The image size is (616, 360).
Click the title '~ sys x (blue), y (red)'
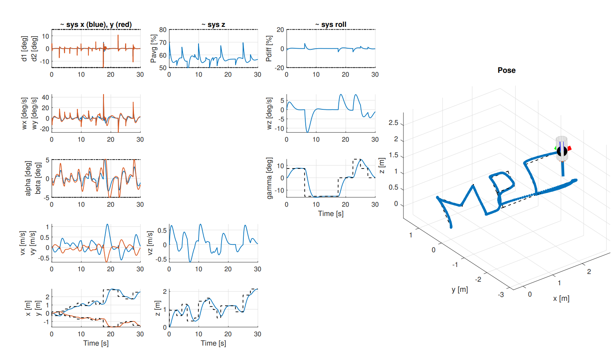[96, 25]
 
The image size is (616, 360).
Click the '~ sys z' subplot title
[213, 25]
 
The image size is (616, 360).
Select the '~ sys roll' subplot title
[331, 25]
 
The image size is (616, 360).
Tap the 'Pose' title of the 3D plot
[507, 70]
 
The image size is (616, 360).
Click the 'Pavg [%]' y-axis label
[154, 49]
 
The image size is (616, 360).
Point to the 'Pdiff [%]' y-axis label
[269, 48]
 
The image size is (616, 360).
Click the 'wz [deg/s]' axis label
[269, 113]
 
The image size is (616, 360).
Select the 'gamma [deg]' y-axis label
[269, 178]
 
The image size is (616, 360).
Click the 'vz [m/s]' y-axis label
[150, 243]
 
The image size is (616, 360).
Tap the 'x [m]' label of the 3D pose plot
[561, 298]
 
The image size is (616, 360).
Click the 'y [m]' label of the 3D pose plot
[460, 290]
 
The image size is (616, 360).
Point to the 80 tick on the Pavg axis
[163, 30]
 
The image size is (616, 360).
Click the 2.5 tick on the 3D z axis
[393, 123]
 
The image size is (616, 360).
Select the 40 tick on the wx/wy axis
[46, 97]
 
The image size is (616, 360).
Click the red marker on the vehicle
[569, 148]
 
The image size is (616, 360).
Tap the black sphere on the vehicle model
[562, 151]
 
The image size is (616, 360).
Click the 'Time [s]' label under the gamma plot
[331, 214]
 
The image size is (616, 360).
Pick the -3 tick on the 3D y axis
[501, 295]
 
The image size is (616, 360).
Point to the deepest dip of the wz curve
[308, 132]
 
